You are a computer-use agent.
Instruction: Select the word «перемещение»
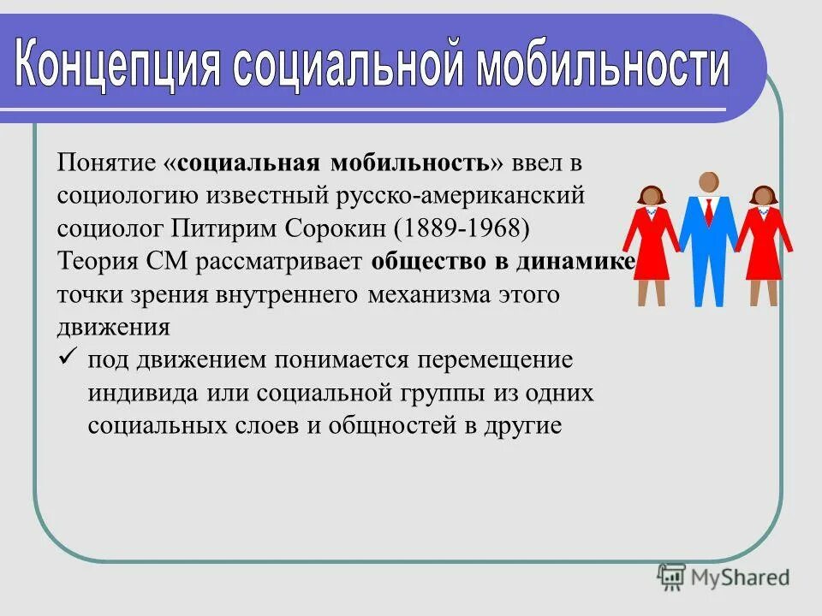point(500,360)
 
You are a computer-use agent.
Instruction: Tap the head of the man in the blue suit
point(708,182)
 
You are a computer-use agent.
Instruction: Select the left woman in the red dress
point(652,244)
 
